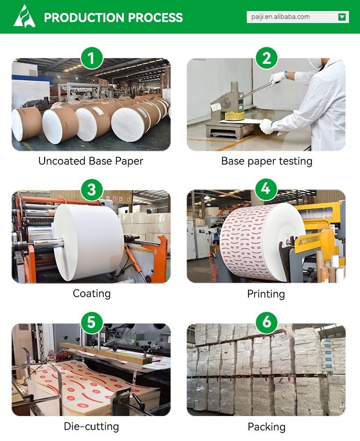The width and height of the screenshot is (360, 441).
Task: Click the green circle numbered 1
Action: point(91,58)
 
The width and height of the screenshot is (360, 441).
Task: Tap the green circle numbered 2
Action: point(266,58)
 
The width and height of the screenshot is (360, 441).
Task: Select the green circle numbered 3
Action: point(91,190)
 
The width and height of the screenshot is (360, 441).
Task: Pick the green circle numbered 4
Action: point(266,189)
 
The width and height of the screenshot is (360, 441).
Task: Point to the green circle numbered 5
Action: point(91,322)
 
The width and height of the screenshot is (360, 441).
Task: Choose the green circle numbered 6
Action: point(266,322)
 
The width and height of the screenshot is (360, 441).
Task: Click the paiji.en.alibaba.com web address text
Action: point(280,17)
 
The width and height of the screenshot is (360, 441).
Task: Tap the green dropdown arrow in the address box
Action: point(342,17)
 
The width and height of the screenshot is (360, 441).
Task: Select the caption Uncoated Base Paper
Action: point(91,161)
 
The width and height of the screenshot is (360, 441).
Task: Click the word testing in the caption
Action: point(296,161)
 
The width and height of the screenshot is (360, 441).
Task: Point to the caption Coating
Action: point(92,294)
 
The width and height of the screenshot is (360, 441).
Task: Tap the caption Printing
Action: point(266,294)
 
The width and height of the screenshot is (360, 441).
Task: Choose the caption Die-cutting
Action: point(91,427)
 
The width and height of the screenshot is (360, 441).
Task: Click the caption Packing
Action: point(266,427)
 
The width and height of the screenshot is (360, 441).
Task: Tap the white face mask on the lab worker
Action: point(315,63)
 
